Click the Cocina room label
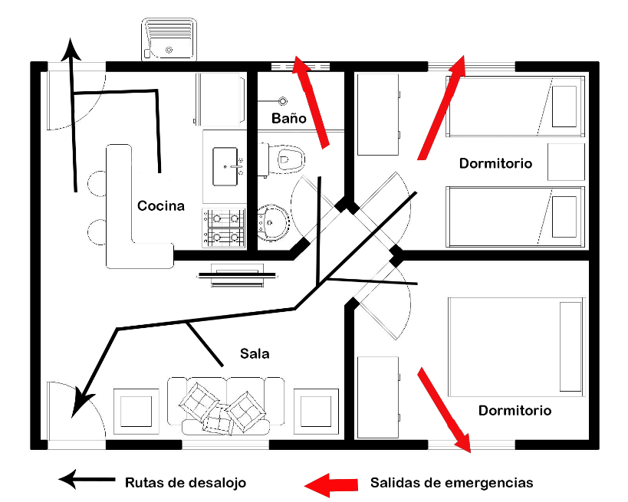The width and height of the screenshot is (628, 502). pos(161,205)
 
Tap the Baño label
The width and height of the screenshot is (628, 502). pos(289,119)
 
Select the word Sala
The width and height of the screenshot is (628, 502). pos(255,353)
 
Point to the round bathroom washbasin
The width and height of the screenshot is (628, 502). pos(273,221)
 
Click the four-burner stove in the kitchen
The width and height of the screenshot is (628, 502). pos(224,228)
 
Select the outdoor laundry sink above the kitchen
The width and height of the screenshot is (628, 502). pos(169,41)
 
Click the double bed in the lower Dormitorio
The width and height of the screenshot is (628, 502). pos(515,346)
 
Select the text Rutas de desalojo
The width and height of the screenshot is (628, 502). pos(186,483)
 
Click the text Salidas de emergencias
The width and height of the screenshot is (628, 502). pos(451,483)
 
